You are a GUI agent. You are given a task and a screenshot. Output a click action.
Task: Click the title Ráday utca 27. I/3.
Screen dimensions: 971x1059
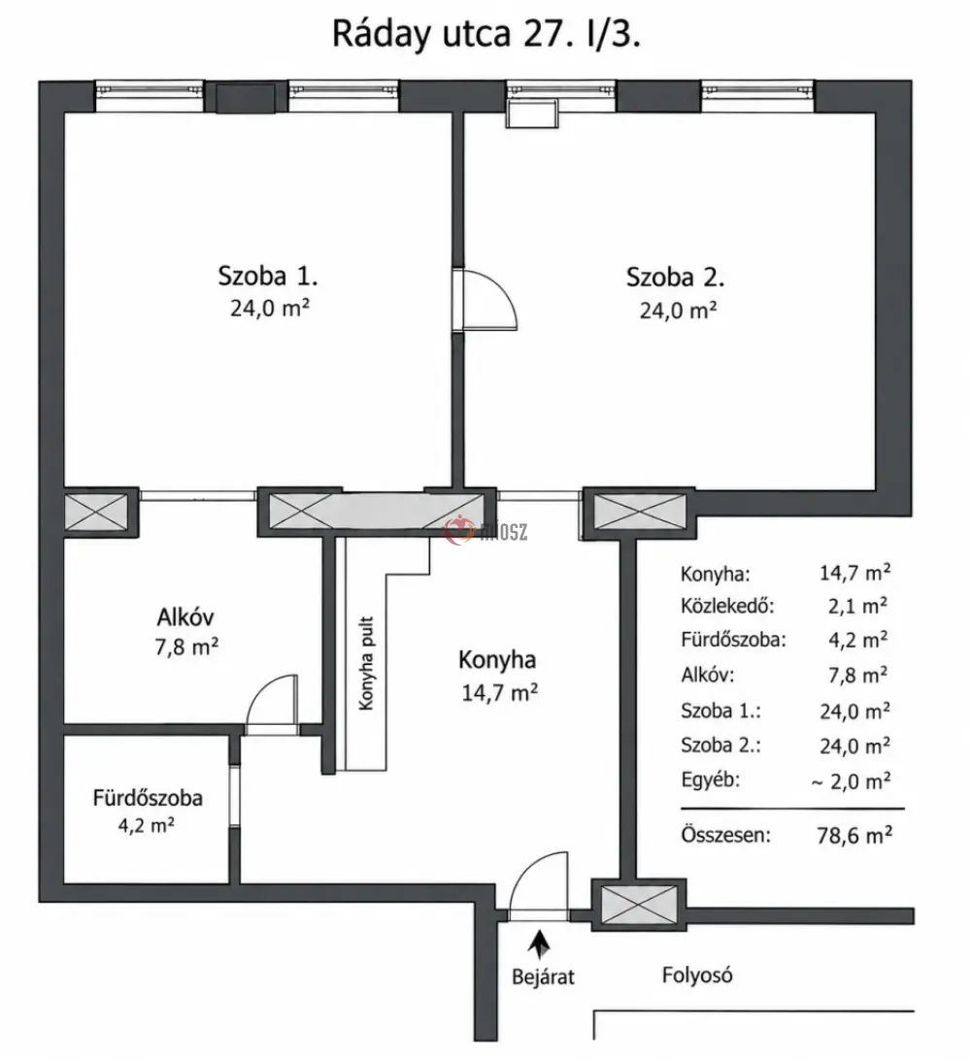point(485,34)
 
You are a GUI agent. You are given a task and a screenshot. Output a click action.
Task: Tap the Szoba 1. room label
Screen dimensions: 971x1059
point(268,276)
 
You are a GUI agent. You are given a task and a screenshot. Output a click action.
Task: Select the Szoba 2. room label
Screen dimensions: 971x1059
point(676,277)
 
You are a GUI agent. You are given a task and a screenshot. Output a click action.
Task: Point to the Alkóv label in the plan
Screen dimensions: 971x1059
point(185,616)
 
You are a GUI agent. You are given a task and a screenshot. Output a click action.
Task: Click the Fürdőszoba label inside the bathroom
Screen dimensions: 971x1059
point(148,798)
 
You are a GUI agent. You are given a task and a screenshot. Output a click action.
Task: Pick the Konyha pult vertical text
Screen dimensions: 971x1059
point(365,663)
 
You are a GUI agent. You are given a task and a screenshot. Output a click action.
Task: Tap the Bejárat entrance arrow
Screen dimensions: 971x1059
point(539,944)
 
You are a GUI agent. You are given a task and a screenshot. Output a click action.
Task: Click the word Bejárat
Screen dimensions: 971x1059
point(543,976)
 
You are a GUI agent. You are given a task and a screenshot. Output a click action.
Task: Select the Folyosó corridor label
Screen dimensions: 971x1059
point(696,976)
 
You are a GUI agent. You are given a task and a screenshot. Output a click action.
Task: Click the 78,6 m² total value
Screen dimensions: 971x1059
point(854,836)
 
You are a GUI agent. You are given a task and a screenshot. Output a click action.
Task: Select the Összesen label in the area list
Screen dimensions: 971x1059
point(725,835)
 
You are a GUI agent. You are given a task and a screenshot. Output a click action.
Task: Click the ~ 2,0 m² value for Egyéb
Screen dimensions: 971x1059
point(851,781)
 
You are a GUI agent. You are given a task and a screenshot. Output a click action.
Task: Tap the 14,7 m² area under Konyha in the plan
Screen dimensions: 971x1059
point(499,692)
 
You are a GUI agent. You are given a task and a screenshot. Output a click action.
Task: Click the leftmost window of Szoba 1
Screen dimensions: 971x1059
point(149,96)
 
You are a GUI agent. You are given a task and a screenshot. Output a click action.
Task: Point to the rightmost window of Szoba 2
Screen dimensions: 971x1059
point(757,96)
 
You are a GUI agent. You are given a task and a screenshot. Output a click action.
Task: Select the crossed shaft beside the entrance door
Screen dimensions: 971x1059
point(639,906)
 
